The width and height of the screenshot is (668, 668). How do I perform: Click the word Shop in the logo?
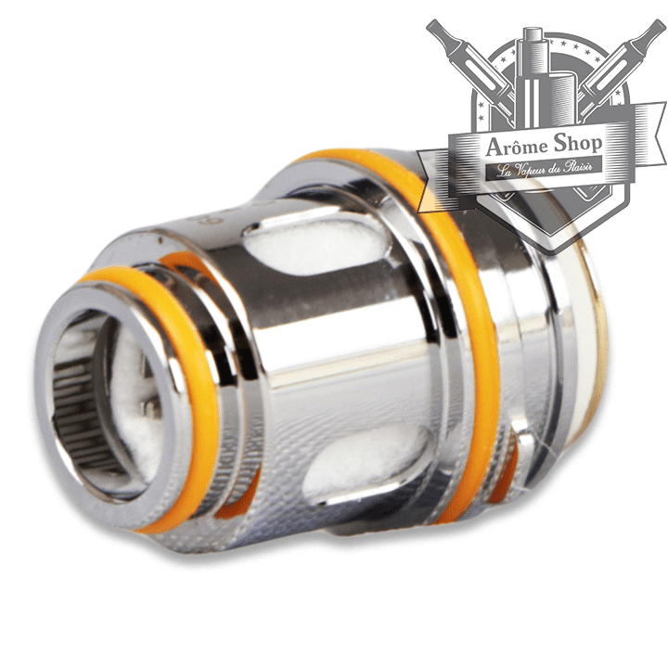(578, 144)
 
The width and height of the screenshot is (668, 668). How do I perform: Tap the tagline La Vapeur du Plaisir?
(545, 166)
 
